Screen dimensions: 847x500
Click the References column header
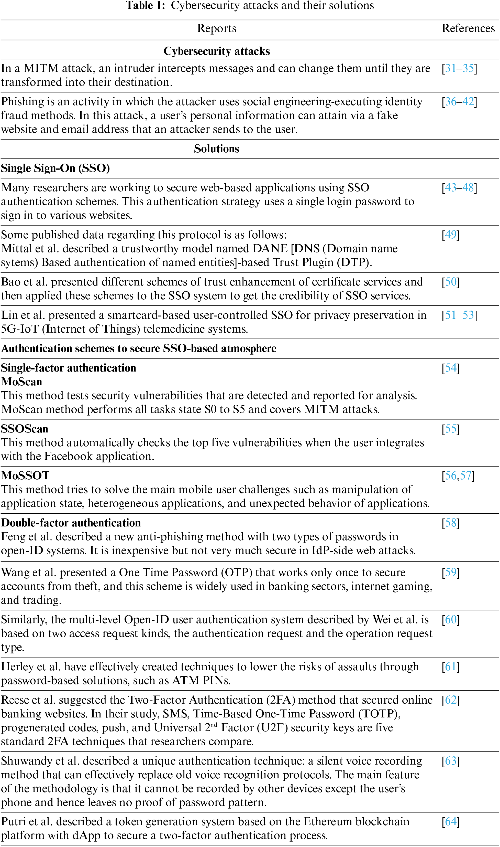click(468, 28)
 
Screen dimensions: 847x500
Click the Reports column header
click(217, 28)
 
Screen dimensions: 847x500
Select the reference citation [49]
click(450, 235)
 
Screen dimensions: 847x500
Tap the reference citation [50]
click(450, 282)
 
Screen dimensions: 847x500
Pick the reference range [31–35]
click(459, 68)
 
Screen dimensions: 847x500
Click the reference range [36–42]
click(459, 102)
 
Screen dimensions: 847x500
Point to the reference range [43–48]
click(459, 187)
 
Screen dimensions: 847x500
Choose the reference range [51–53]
click(459, 315)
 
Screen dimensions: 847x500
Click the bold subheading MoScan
click(21, 382)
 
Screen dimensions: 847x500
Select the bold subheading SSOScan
click(25, 429)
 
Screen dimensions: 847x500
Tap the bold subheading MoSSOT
click(25, 476)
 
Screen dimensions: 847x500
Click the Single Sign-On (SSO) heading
click(55, 168)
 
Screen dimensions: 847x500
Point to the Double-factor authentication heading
click(71, 523)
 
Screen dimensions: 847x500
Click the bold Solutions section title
click(217, 149)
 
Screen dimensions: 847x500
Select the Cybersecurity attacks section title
click(217, 51)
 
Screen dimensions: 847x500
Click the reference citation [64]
click(450, 821)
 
